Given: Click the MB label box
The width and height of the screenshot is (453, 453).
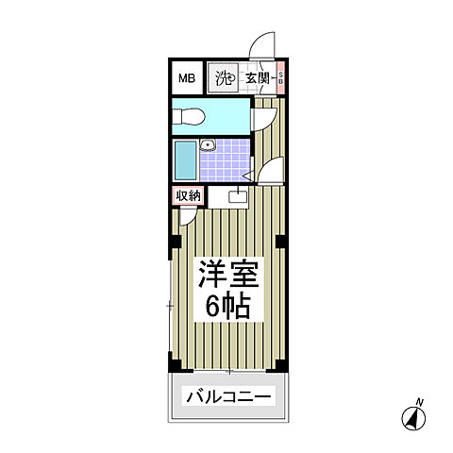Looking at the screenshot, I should [187, 79].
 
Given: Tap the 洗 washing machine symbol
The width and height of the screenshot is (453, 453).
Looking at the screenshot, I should [223, 79].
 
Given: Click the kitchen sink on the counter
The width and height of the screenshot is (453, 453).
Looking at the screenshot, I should [236, 197].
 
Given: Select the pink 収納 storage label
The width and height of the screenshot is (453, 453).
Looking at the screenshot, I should [188, 196].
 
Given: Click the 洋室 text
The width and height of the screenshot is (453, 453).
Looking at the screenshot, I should [226, 273].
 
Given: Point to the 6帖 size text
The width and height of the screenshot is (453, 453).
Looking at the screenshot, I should [226, 306].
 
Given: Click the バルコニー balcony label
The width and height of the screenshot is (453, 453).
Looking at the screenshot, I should [227, 396].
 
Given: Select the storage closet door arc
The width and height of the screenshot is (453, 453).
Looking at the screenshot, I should [188, 216].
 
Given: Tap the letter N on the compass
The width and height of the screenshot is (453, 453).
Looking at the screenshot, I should [420, 403].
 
